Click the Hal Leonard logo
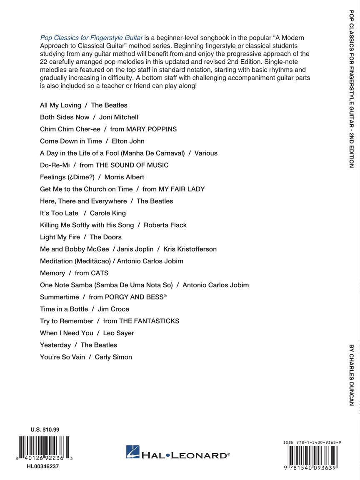pos(178,452)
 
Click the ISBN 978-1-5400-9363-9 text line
pos(312,442)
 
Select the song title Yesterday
pos(55,345)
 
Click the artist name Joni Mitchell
pos(119,117)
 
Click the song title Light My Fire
pos(60,237)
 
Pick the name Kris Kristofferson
pos(190,249)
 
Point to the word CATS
pos(100,273)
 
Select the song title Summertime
pos(59,297)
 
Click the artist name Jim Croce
pos(113,309)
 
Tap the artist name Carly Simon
pos(113,357)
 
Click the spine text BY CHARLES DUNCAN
pos(351,374)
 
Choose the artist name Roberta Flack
pos(165,225)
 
